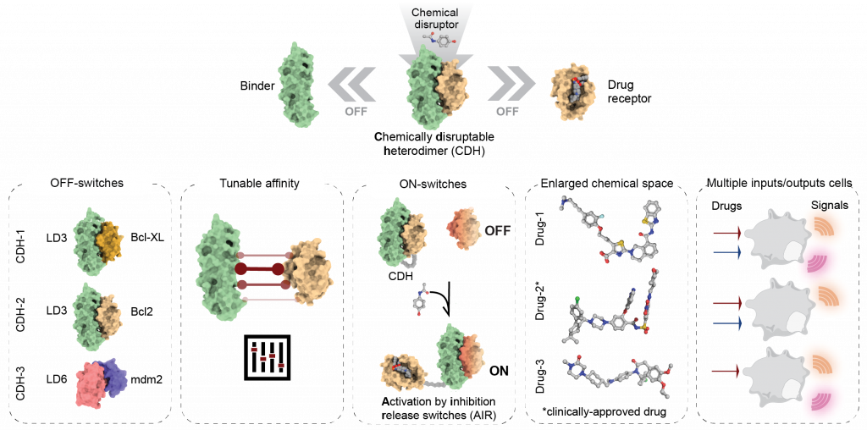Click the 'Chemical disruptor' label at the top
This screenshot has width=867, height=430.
click(435, 19)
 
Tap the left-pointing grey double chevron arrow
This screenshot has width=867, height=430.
click(351, 85)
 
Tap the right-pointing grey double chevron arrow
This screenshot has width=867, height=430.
click(511, 85)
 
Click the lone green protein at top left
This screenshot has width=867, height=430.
click(297, 85)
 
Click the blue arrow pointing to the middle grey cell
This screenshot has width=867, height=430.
click(727, 323)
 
